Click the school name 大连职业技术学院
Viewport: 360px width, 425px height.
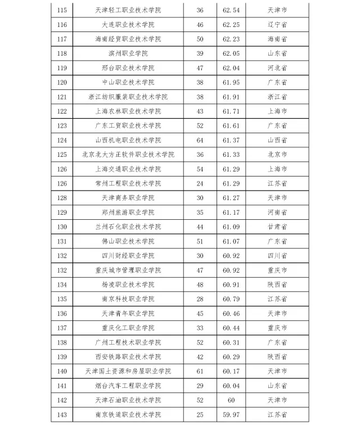[128, 25]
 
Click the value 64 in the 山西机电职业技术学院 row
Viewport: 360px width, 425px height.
[200, 140]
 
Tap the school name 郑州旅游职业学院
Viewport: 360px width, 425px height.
[128, 213]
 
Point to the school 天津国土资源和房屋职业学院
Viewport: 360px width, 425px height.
[128, 371]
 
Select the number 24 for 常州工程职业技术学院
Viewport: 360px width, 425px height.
[200, 183]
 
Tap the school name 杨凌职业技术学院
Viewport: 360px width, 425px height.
[128, 284]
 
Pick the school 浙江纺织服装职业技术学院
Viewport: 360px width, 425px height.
[128, 97]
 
